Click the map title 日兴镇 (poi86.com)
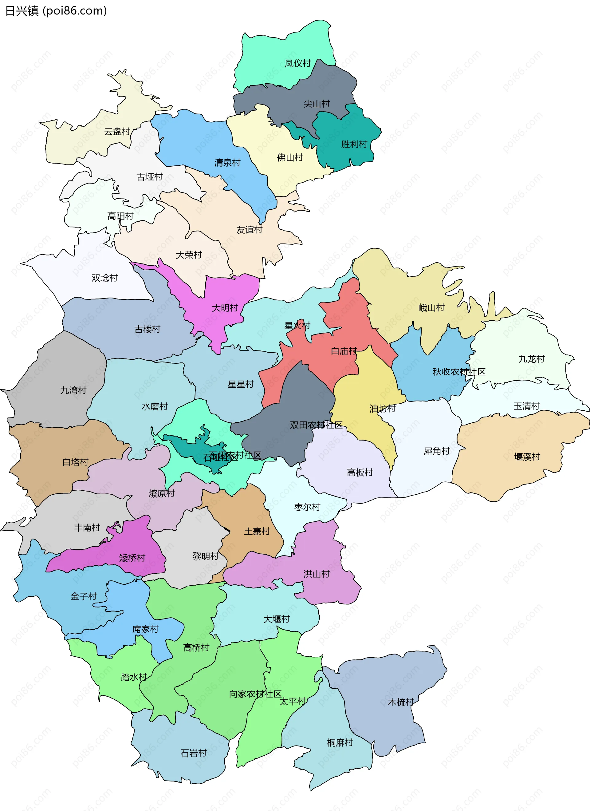pyautogui.click(x=56, y=11)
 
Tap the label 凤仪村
pyautogui.click(x=297, y=63)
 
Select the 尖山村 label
pyautogui.click(x=316, y=104)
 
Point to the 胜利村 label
pyautogui.click(x=354, y=144)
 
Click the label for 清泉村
pyautogui.click(x=227, y=163)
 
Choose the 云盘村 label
pyautogui.click(x=117, y=132)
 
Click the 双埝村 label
pyautogui.click(x=104, y=278)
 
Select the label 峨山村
pyautogui.click(x=431, y=307)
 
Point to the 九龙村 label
pyautogui.click(x=531, y=359)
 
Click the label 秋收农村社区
pyautogui.click(x=459, y=372)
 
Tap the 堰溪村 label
pyautogui.click(x=527, y=457)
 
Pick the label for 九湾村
pyautogui.click(x=73, y=390)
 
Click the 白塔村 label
pyautogui.click(x=75, y=462)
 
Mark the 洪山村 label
pyautogui.click(x=316, y=574)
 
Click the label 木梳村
pyautogui.click(x=401, y=702)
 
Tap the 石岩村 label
pyautogui.click(x=193, y=753)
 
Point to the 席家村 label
pyautogui.click(x=145, y=629)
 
